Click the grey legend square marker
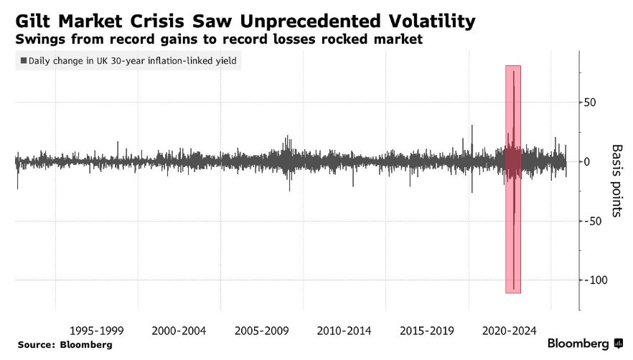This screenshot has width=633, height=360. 24,61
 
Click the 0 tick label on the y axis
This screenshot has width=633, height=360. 587,161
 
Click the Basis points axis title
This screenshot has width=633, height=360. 616,181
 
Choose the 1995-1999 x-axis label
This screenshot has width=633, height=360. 96,331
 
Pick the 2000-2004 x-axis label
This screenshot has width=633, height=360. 179,331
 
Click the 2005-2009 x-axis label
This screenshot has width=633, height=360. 262,331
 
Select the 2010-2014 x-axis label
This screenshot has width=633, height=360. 344,331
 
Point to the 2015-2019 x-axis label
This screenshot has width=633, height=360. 427,331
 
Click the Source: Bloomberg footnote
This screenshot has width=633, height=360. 65,345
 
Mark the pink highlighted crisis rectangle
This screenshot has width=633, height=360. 512,179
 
